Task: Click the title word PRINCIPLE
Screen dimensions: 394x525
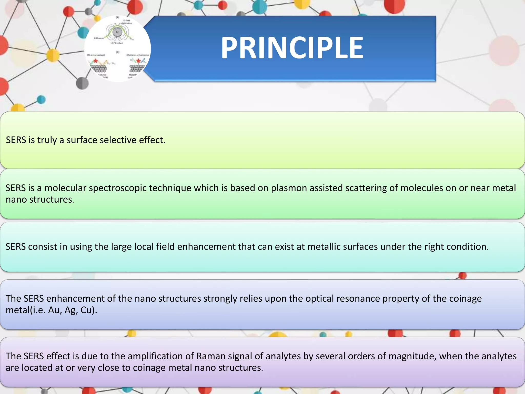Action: (x=292, y=48)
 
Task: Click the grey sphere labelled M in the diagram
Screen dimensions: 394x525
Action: (x=117, y=32)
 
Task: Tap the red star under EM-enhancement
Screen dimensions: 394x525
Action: (x=96, y=61)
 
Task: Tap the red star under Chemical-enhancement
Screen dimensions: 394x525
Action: (x=138, y=61)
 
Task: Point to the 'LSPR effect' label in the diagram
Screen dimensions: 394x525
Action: (x=117, y=43)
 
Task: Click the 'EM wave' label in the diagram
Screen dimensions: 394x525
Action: (x=99, y=38)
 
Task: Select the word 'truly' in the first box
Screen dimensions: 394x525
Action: (x=47, y=140)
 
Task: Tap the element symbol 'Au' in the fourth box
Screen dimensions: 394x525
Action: (x=54, y=310)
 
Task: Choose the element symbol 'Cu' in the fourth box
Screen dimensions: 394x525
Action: (x=86, y=310)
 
